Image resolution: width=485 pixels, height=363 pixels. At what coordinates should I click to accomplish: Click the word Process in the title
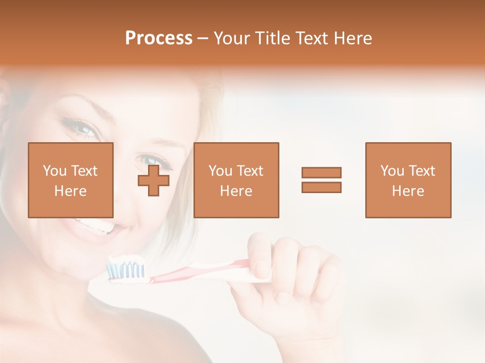point(159,38)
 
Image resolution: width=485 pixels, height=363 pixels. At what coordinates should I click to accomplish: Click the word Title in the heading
point(273,38)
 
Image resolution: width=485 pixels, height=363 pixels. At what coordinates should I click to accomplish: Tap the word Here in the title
point(353,38)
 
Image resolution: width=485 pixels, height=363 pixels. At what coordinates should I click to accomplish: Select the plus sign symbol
point(154,180)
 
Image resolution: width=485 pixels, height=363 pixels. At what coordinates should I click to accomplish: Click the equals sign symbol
point(321,180)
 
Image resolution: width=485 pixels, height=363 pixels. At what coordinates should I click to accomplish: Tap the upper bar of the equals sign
point(321,172)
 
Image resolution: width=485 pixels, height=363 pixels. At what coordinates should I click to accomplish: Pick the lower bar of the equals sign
point(321,188)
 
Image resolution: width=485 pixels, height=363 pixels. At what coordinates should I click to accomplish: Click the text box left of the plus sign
point(71,180)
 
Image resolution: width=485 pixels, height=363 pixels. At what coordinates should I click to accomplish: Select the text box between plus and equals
point(236,180)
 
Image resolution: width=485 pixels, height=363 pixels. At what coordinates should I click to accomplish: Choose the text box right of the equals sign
point(408,180)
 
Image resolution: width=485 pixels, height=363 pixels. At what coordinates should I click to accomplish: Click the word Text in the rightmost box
point(421,171)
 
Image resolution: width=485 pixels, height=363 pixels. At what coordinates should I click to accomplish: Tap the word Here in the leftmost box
point(71,191)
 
